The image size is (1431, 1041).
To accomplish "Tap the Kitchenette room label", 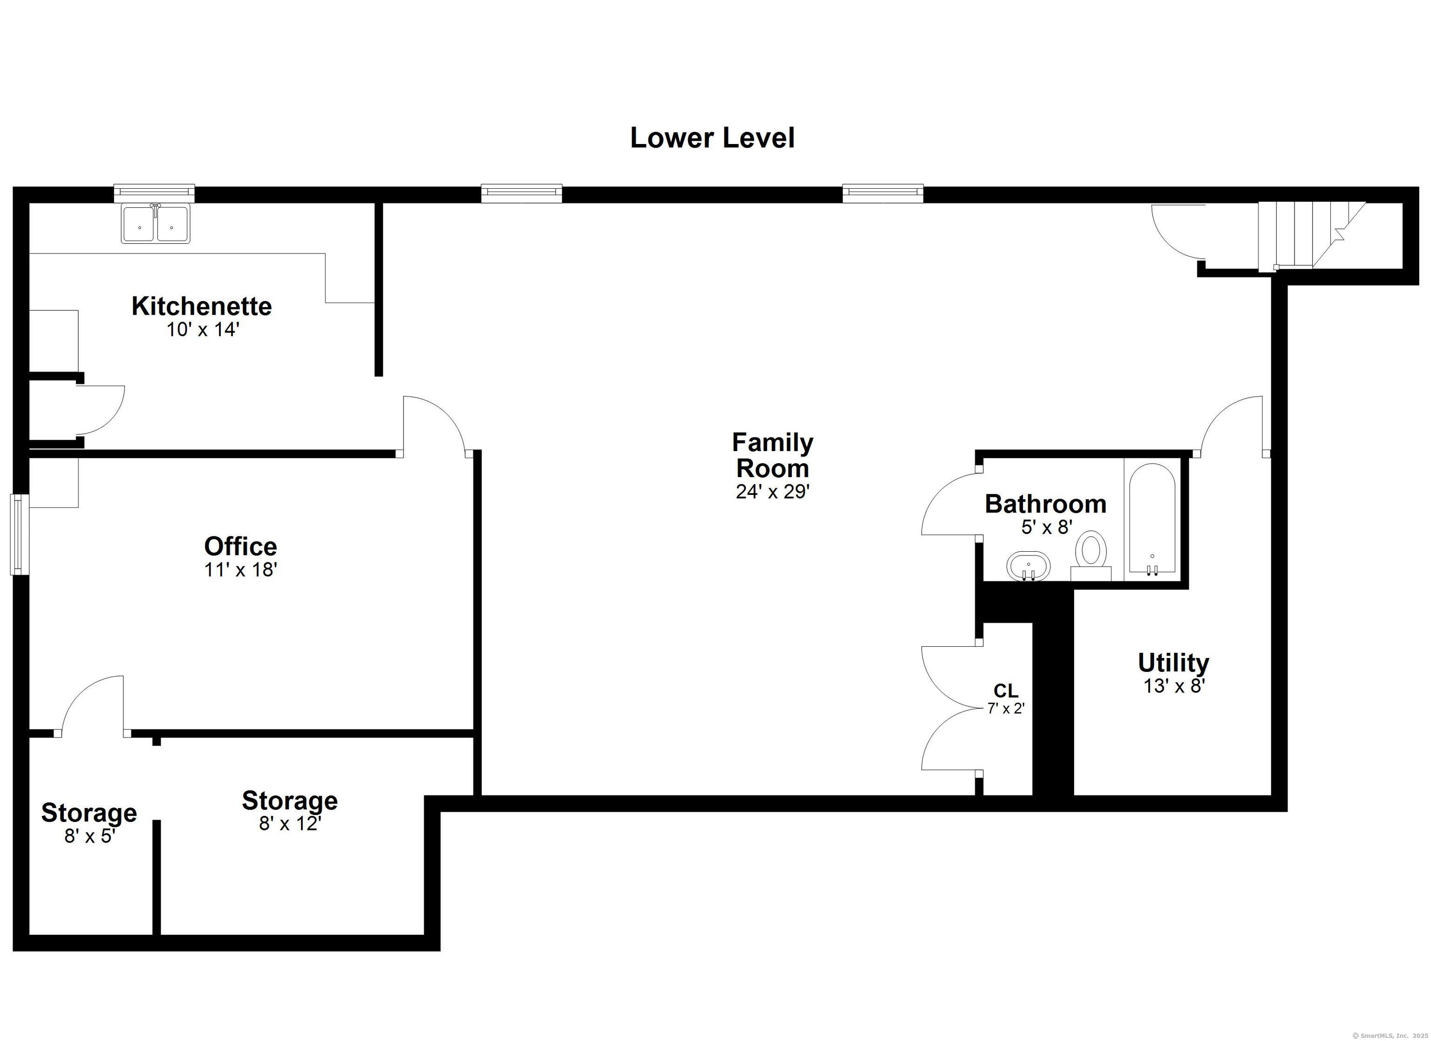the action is [x=202, y=306].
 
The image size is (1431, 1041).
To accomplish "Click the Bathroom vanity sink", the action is [x=1029, y=566].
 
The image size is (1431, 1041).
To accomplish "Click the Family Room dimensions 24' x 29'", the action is [x=772, y=492].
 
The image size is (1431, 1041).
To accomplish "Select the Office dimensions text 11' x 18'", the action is [x=240, y=570].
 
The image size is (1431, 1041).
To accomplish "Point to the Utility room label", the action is [x=1173, y=662].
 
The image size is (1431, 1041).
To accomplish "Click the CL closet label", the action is [x=1006, y=691].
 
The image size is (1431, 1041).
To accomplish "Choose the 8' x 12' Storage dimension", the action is [x=290, y=823].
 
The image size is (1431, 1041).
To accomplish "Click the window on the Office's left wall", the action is [x=20, y=534].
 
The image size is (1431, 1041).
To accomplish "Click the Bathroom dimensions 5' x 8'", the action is [x=1047, y=527].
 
